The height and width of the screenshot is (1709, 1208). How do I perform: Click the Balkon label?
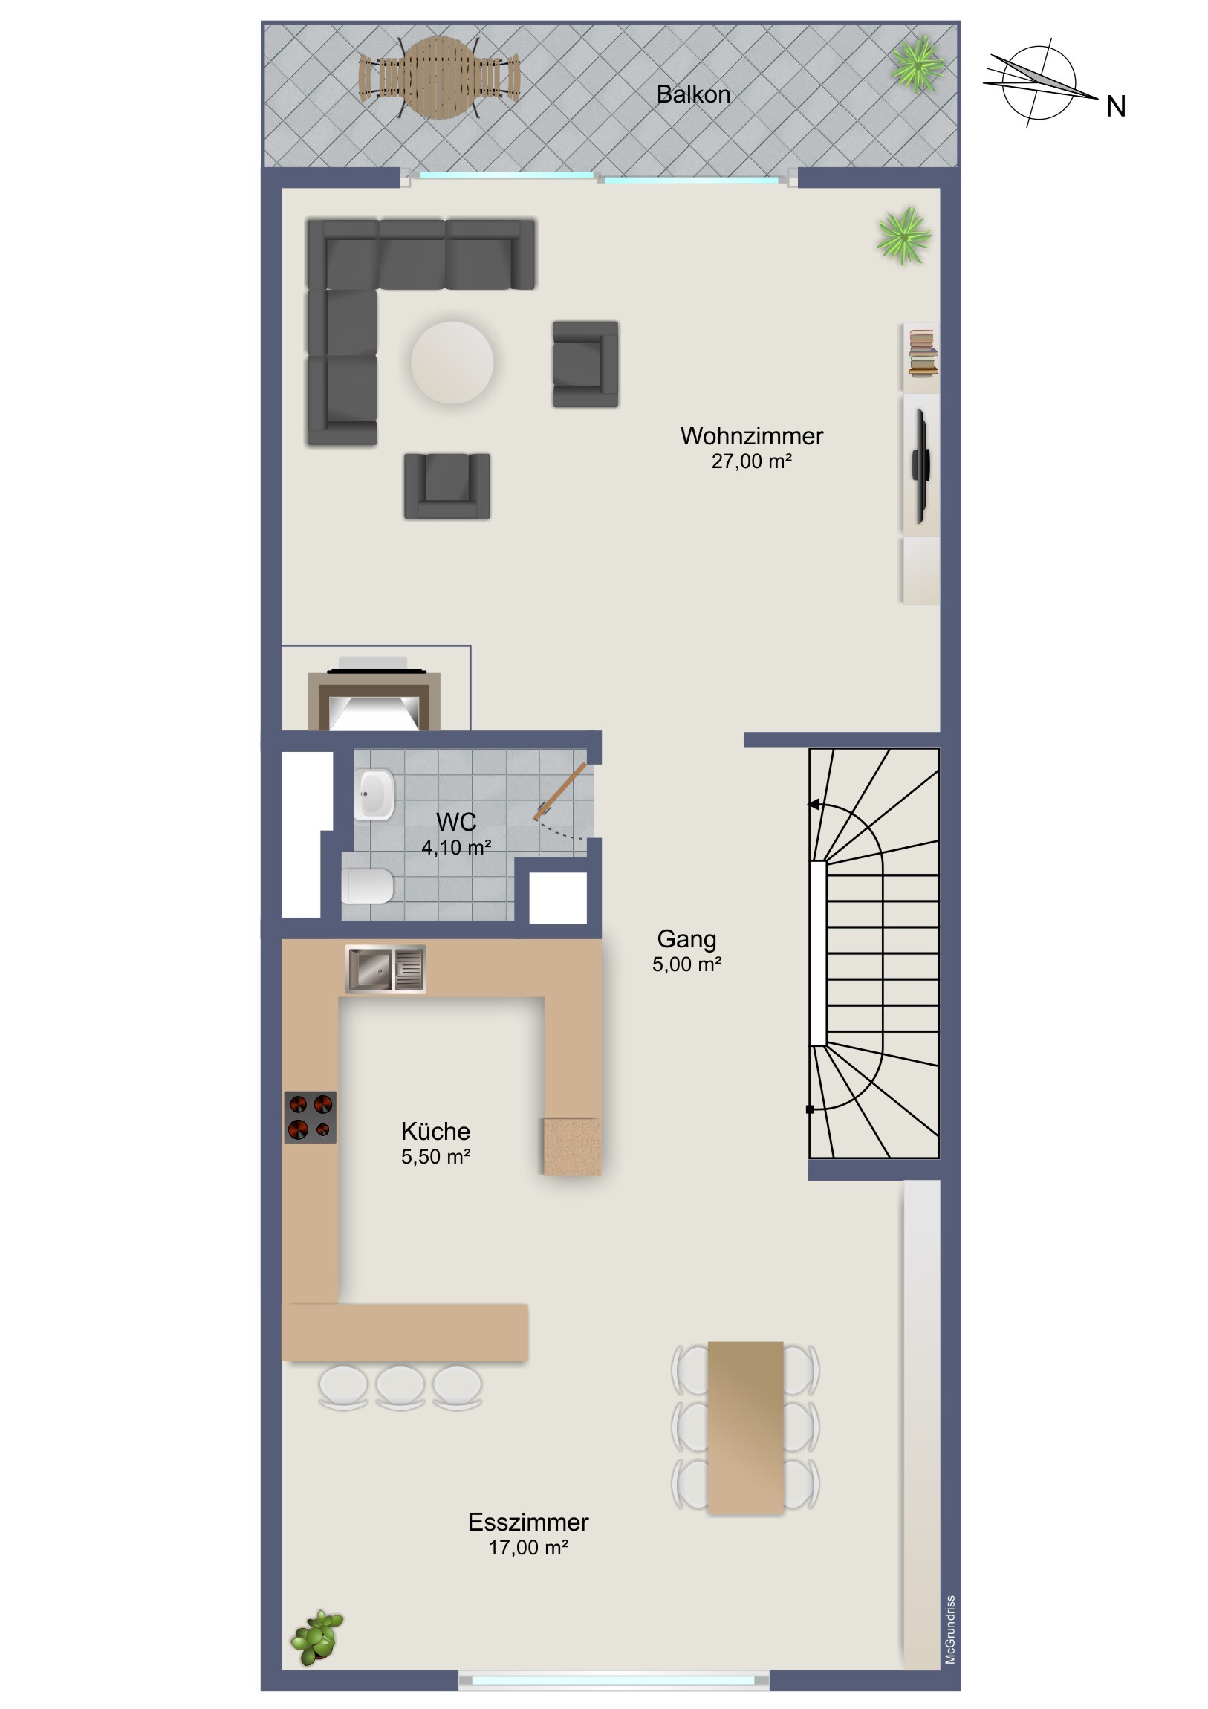pos(693,94)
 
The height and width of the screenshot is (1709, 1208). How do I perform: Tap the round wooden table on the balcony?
pos(438,77)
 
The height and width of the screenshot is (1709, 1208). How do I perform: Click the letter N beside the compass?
pos(1115,107)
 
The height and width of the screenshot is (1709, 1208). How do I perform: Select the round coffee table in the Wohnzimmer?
pos(452,363)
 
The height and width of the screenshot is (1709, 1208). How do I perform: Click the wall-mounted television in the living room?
pos(921,465)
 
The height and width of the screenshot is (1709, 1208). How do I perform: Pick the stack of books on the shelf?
pos(923,354)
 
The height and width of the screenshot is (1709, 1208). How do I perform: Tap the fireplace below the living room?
pos(374,696)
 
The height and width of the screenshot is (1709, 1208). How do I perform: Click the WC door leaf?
pos(559,792)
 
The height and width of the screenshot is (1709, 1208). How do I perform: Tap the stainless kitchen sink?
pos(386,969)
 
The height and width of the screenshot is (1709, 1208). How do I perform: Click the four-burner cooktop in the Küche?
pos(311,1118)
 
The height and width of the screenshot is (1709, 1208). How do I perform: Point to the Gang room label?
pos(686,939)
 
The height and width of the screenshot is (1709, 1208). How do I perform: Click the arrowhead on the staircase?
pos(814,805)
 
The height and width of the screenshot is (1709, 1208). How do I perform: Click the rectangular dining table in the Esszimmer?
pos(745,1427)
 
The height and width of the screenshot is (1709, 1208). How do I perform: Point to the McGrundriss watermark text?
pos(950,1629)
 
